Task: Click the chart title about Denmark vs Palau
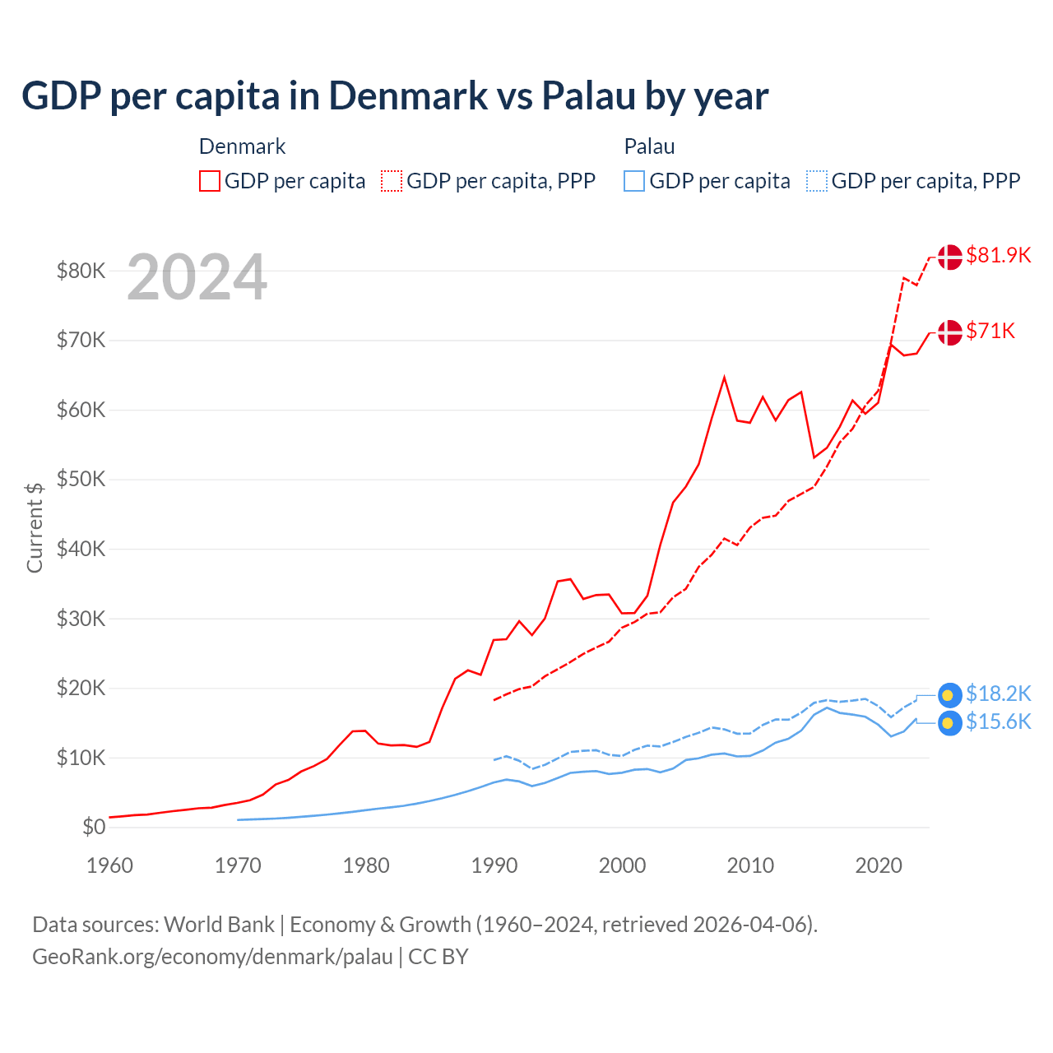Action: point(395,95)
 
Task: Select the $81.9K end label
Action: point(998,255)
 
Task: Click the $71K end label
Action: point(990,331)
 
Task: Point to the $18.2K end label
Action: point(998,693)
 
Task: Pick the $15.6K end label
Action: point(998,721)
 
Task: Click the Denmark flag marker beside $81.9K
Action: point(949,257)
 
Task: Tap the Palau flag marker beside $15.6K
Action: point(949,723)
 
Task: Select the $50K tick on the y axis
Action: point(81,479)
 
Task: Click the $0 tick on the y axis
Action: point(94,827)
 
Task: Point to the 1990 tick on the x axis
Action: point(494,865)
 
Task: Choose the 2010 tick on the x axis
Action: point(750,865)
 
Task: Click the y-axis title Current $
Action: point(35,527)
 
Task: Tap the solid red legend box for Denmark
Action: point(210,181)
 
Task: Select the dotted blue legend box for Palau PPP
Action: point(817,181)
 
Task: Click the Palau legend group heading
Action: point(649,146)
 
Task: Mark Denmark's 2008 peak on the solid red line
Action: point(724,378)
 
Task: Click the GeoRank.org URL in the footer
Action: point(212,957)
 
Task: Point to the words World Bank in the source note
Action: point(219,925)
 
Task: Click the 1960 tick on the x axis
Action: point(109,865)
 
